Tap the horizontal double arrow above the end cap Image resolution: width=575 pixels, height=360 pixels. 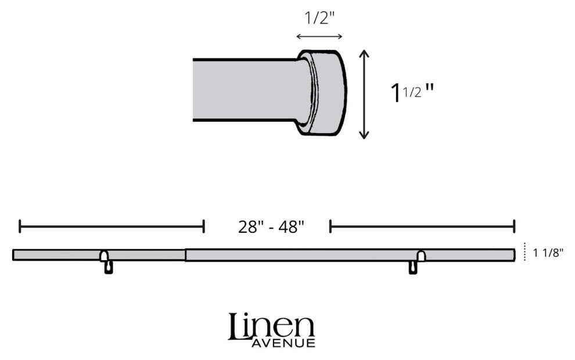tap(319, 37)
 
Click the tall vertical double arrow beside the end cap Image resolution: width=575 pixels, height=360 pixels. tap(364, 94)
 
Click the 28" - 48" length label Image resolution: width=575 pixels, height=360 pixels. tap(271, 227)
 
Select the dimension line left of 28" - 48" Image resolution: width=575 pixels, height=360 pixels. tap(112, 226)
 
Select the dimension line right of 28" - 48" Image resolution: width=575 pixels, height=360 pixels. tap(422, 226)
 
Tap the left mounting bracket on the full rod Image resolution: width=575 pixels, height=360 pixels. tap(107, 262)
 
